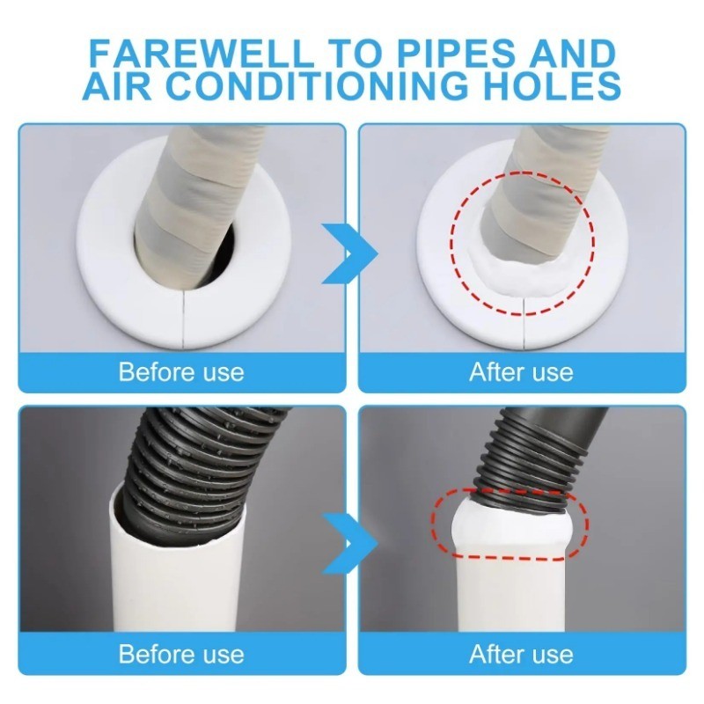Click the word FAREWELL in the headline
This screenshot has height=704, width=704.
click(202, 54)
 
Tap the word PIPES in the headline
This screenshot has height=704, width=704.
click(455, 54)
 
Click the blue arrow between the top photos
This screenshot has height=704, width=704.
click(349, 253)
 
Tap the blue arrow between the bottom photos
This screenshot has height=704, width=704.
click(349, 543)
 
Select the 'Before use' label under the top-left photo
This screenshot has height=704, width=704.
click(181, 372)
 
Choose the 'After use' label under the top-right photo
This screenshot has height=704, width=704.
click(521, 372)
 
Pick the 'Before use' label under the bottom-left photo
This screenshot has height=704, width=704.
click(181, 654)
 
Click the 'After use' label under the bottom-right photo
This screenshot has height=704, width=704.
click(521, 654)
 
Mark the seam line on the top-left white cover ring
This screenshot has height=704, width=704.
click(184, 319)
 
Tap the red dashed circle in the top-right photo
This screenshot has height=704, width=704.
click(451, 243)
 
